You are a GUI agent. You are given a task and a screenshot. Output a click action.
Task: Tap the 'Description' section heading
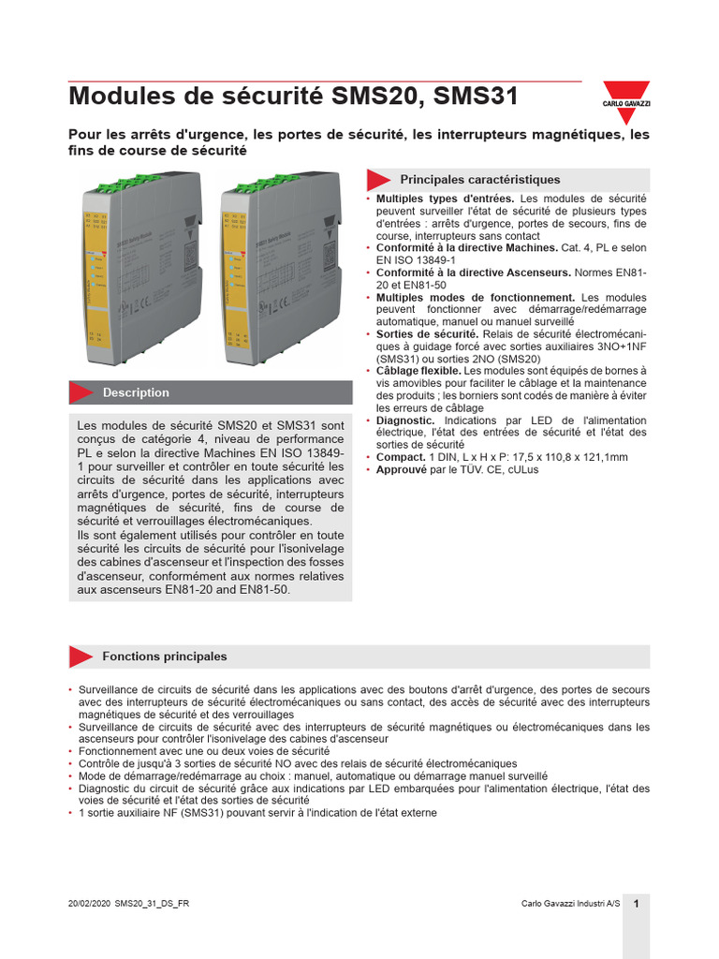(136, 392)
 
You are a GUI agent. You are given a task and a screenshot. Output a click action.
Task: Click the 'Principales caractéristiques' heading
(479, 179)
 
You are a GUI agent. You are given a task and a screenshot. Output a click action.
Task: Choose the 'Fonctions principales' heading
(164, 657)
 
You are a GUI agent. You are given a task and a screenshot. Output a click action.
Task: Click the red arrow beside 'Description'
(83, 392)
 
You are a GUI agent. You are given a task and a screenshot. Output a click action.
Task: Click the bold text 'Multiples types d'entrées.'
(445, 199)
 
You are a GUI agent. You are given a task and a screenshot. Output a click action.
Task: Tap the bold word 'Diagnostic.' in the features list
(405, 420)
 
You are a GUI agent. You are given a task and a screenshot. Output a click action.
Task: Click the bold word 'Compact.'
(401, 457)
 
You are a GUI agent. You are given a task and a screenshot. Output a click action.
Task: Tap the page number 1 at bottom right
(636, 904)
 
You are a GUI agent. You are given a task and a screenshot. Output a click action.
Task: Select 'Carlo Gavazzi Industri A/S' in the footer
(570, 904)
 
